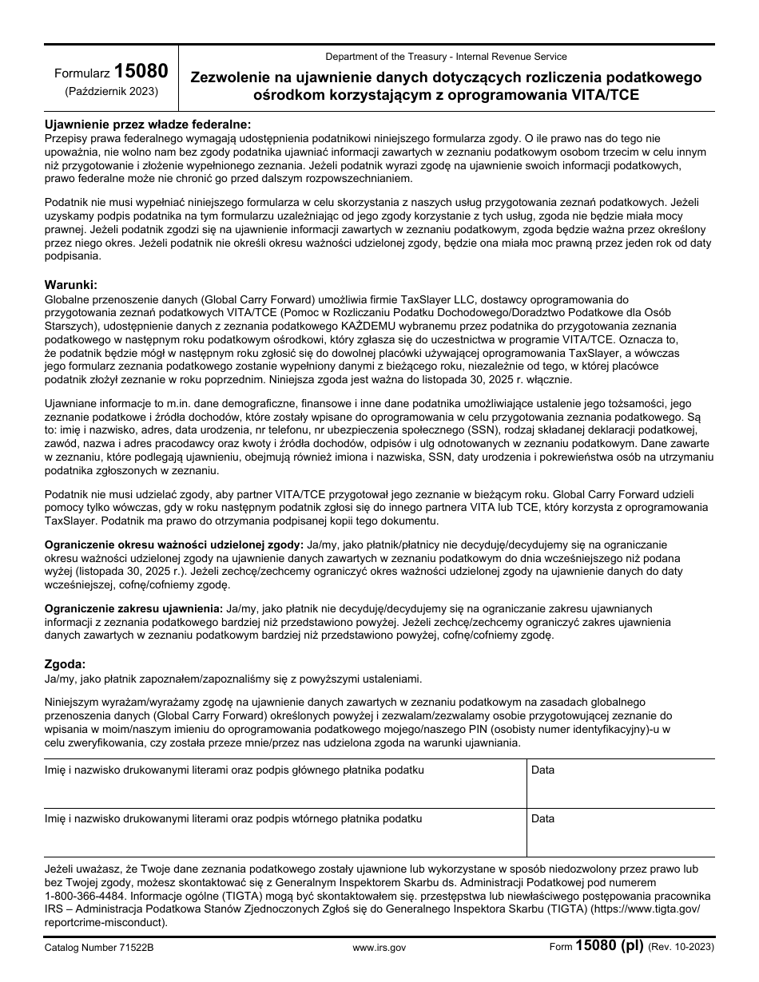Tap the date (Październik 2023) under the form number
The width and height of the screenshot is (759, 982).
[x=111, y=91]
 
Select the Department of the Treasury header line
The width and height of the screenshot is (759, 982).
[x=446, y=57]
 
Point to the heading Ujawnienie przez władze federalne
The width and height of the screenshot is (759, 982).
[x=147, y=125]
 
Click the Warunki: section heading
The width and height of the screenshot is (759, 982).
[x=71, y=284]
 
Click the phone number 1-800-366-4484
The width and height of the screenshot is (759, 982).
[x=84, y=897]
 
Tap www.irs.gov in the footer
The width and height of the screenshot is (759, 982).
[x=379, y=948]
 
